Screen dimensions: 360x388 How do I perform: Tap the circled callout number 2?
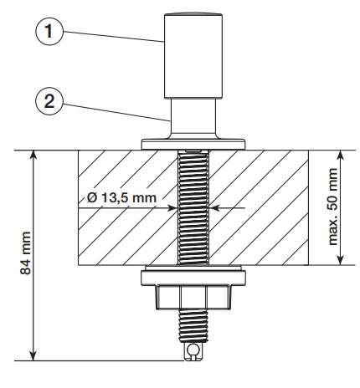coord(49,101)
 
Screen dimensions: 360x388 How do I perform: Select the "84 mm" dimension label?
coord(26,253)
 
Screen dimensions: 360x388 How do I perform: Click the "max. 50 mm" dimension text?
coord(332,207)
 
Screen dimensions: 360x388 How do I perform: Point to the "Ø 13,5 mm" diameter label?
coord(121,198)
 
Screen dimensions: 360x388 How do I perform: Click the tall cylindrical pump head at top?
coord(193,56)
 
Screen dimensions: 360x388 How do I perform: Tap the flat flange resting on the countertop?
coord(193,144)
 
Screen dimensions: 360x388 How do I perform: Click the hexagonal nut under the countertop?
coord(193,297)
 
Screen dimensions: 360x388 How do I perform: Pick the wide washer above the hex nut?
coord(193,278)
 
